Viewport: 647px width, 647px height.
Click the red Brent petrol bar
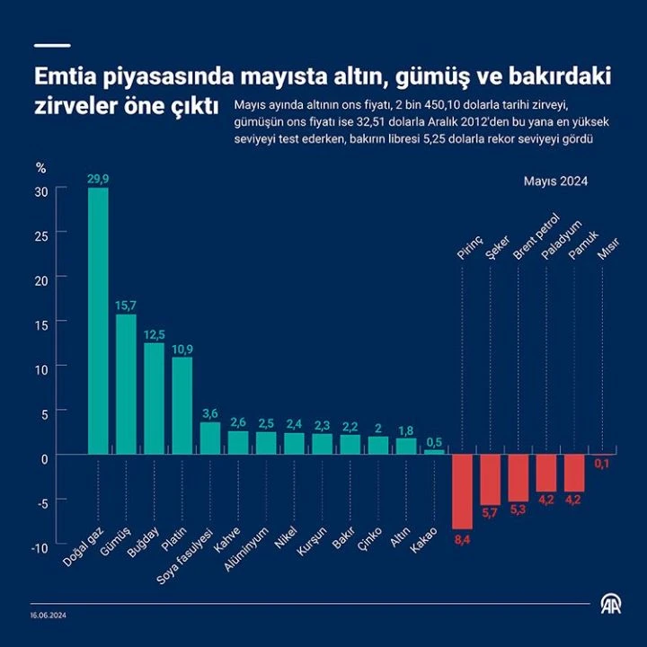point(518,476)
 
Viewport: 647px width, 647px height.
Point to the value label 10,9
point(182,348)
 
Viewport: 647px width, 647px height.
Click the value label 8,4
point(462,539)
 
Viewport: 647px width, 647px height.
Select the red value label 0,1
point(602,464)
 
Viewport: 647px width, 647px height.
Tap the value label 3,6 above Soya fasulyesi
point(210,412)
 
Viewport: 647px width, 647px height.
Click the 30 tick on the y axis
point(40,191)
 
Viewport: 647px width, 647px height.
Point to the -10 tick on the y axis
point(39,548)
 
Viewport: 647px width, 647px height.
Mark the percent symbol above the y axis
point(40,168)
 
